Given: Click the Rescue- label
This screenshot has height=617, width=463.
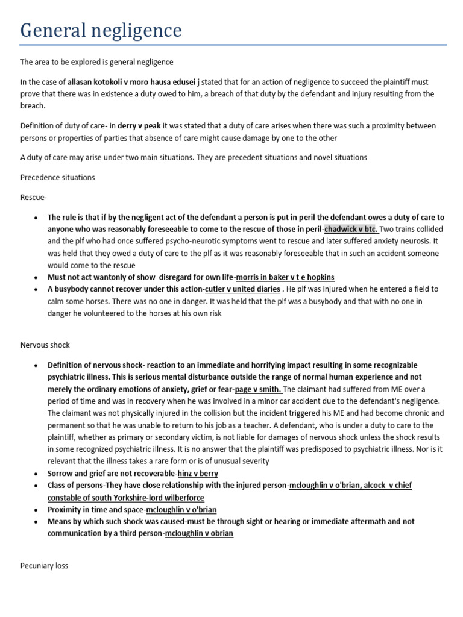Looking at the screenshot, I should point(34,198).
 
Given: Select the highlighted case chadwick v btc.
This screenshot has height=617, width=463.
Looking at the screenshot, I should point(350,230).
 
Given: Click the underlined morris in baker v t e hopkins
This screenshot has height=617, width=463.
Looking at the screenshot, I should point(285,277).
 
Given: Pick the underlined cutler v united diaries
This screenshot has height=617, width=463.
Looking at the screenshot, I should point(242,289).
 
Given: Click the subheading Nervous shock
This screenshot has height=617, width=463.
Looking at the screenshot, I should point(45,345).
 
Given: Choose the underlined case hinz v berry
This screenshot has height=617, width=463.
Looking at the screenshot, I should point(198,474).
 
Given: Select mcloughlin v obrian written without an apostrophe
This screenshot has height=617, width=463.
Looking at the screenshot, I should point(199,533).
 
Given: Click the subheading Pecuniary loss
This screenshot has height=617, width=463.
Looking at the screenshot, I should point(44,566).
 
